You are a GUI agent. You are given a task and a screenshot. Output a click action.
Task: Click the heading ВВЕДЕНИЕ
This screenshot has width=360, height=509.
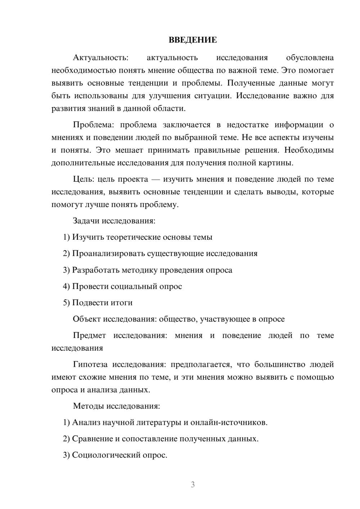pos(193,40)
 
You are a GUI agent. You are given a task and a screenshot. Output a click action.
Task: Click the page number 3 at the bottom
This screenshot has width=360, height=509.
pos(193,485)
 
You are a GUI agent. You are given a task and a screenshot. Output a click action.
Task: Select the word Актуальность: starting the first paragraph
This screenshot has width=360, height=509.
pos(100,58)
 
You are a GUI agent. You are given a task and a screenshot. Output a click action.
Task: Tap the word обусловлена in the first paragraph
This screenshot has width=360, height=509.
pos(310,58)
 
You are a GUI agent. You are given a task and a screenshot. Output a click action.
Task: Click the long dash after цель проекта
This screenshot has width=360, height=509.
pos(156,179)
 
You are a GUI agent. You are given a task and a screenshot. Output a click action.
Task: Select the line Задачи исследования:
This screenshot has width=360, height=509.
pos(114,221)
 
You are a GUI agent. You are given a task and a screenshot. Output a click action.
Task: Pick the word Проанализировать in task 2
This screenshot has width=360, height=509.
pos(108,253)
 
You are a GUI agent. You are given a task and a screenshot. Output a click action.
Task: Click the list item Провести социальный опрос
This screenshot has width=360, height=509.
pos(127,287)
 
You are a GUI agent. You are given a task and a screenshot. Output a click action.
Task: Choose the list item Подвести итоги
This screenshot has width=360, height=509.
pos(102,303)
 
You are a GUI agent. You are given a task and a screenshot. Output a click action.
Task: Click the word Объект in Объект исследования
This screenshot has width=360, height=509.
pos(87,319)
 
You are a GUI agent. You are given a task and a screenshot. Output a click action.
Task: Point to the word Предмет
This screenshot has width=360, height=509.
pos(89,335)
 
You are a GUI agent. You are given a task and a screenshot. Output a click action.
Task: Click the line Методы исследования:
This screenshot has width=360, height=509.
pos(116,406)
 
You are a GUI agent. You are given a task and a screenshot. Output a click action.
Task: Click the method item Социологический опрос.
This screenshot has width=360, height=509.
pos(120,455)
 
